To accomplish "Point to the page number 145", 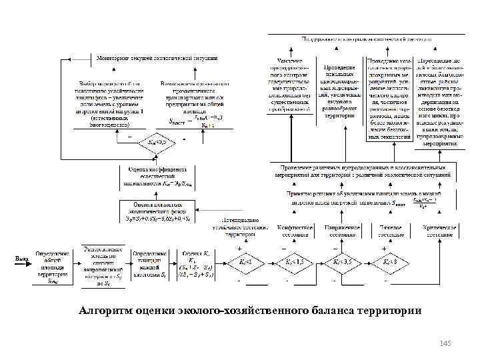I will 445,343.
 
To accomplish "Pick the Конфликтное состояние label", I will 295,231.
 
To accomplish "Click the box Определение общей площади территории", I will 52,267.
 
